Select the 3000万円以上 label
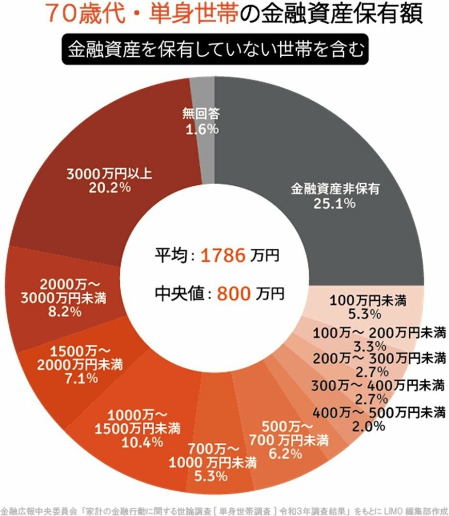click(108, 174)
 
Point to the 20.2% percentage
click(108, 188)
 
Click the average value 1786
click(222, 255)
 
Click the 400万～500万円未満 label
click(378, 412)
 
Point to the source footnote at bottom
click(224, 508)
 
